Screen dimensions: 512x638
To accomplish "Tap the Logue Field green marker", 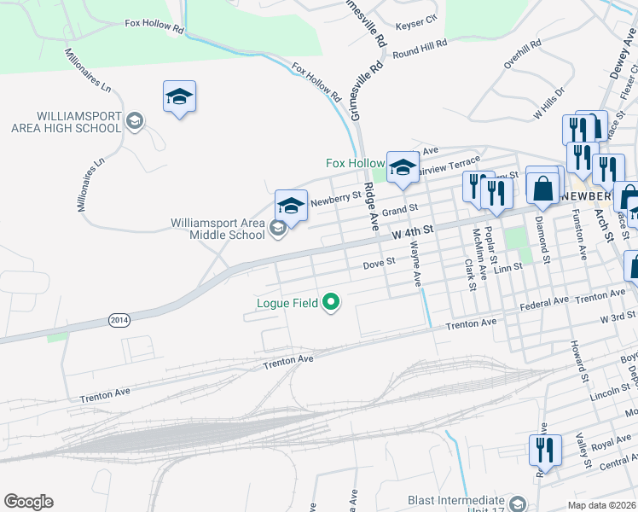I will [331, 302].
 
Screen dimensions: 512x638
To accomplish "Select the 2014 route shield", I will [119, 319].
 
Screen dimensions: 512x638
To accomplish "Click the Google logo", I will [28, 502].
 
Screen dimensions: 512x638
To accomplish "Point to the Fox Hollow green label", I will [356, 163].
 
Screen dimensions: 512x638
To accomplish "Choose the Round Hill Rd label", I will [420, 51].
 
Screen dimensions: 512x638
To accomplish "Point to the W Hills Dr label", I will [549, 102].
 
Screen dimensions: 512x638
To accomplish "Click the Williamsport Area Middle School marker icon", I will [277, 229].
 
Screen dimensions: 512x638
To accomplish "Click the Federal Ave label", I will [543, 302].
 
